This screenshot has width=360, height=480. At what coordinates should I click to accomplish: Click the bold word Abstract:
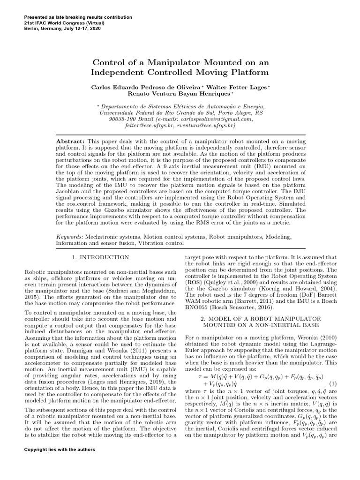(x=70, y=141)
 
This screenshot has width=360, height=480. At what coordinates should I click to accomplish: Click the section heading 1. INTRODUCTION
(x=100, y=257)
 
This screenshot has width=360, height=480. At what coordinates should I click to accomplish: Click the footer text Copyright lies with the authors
(x=60, y=450)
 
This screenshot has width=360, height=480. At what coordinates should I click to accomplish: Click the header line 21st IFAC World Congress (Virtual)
(x=64, y=22)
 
